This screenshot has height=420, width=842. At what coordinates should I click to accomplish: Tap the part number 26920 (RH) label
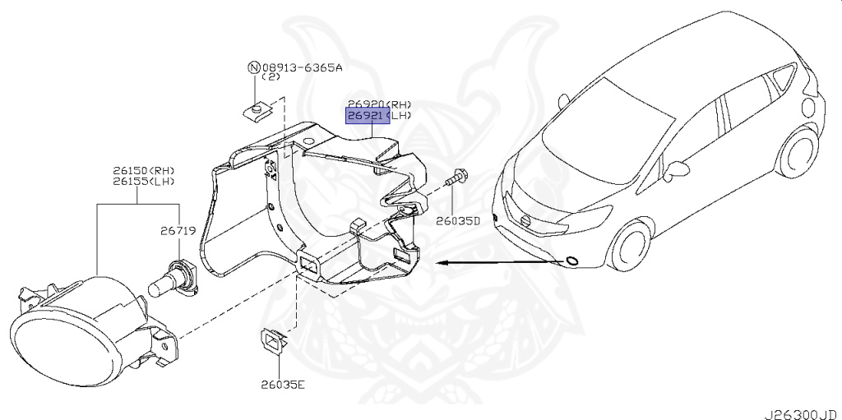tap(379, 104)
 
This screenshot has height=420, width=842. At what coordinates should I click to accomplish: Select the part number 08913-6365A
tap(302, 67)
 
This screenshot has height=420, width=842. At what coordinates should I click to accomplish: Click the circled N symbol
tap(253, 67)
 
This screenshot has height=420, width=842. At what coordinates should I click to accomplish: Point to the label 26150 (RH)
tap(144, 171)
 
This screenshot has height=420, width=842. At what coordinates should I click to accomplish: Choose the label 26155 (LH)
tap(144, 182)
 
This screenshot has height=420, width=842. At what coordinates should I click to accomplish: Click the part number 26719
tap(178, 232)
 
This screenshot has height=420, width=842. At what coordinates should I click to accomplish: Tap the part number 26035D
tap(457, 220)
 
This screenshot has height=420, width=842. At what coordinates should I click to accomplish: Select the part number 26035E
tap(283, 385)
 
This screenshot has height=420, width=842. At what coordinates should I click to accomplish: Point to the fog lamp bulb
tap(173, 279)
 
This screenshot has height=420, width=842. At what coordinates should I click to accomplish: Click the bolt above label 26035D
tap(456, 178)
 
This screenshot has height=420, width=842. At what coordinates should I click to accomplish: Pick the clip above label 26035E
tap(273, 341)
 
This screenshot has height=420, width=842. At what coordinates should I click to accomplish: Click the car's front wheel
tap(628, 246)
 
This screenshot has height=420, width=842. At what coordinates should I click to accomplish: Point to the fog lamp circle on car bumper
tap(572, 261)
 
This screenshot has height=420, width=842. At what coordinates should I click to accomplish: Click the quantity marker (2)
tap(271, 76)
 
